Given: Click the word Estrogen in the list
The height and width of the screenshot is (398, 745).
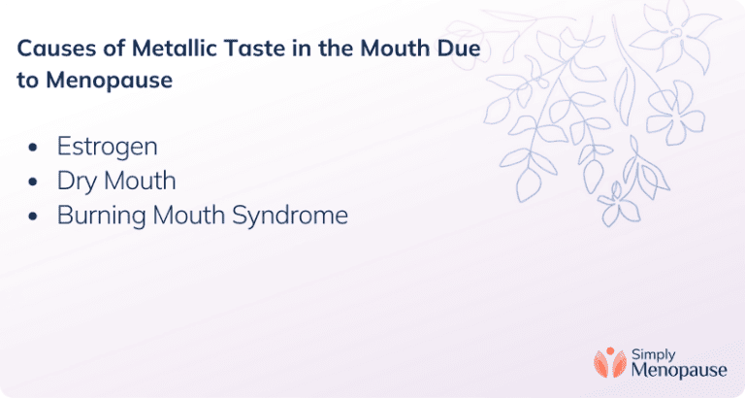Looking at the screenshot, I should [x=107, y=148].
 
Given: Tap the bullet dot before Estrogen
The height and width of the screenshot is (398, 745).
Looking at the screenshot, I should [x=35, y=149].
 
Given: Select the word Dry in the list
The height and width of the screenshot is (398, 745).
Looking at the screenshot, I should [x=78, y=182].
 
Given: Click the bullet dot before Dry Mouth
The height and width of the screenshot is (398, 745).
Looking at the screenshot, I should [x=35, y=182].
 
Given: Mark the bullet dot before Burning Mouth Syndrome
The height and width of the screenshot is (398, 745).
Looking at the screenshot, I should [x=35, y=216].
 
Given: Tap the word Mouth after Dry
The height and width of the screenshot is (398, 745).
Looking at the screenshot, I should [x=142, y=182].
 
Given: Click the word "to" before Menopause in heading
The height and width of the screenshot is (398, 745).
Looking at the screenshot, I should [x=27, y=81].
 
